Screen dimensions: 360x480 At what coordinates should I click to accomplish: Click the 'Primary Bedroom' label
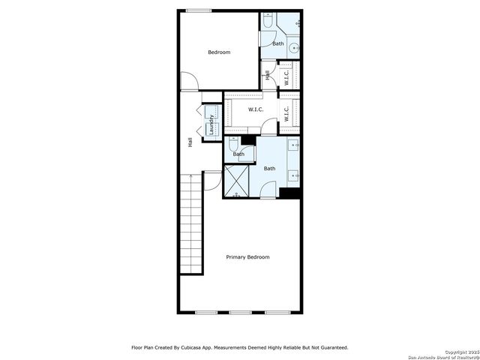(247, 257)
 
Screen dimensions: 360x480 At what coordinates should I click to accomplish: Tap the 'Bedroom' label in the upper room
(219, 52)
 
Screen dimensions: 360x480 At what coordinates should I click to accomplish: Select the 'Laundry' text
(212, 123)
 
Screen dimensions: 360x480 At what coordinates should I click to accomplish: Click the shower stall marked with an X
(238, 179)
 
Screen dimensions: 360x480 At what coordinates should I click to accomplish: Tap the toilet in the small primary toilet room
(235, 142)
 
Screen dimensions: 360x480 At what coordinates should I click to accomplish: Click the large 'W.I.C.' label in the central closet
(256, 110)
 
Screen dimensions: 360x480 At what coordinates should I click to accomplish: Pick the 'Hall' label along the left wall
(190, 141)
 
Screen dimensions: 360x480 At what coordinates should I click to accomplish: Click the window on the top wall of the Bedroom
(198, 10)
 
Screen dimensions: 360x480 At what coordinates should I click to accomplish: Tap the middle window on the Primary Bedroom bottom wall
(240, 312)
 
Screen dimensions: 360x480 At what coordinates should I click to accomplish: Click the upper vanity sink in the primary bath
(295, 145)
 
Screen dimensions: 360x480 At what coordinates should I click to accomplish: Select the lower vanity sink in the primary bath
(295, 177)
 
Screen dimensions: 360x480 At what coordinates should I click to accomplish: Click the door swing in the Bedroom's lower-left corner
(187, 81)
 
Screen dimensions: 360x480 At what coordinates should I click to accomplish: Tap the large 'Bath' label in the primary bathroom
(269, 169)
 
